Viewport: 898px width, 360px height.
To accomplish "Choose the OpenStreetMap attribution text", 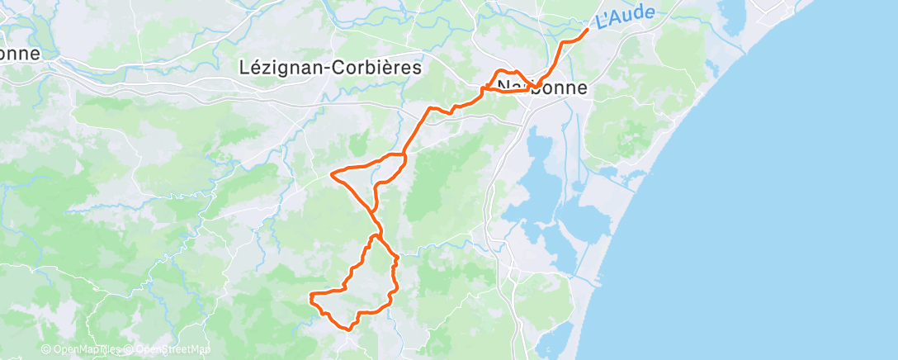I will (173, 349).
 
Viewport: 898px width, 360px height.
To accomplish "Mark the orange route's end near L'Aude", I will (587, 30).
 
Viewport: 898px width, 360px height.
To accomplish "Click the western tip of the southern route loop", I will (310, 296).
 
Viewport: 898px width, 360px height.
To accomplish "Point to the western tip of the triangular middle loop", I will (331, 173).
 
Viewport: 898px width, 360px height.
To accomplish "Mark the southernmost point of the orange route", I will (348, 329).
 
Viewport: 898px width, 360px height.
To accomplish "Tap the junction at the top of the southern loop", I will (376, 236).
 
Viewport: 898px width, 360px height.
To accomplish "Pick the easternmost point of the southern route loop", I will (398, 259).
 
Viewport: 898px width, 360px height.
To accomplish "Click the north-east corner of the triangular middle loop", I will (404, 156).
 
